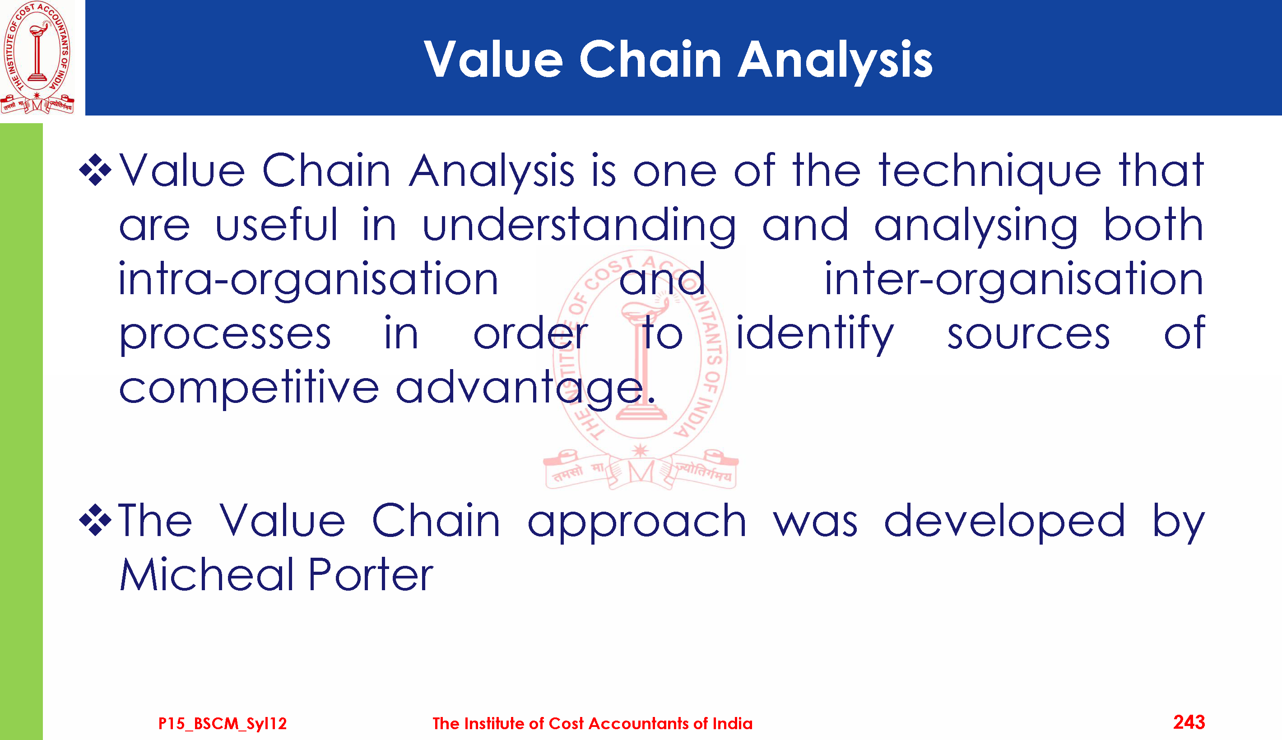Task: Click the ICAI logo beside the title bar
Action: click(x=37, y=57)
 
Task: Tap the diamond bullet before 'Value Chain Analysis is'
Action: click(x=95, y=170)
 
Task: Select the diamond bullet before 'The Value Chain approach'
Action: click(x=95, y=520)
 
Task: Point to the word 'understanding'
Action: click(x=579, y=227)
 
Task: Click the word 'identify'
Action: click(x=815, y=334)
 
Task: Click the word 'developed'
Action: click(x=1004, y=522)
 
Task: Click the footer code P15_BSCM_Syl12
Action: click(x=223, y=723)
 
